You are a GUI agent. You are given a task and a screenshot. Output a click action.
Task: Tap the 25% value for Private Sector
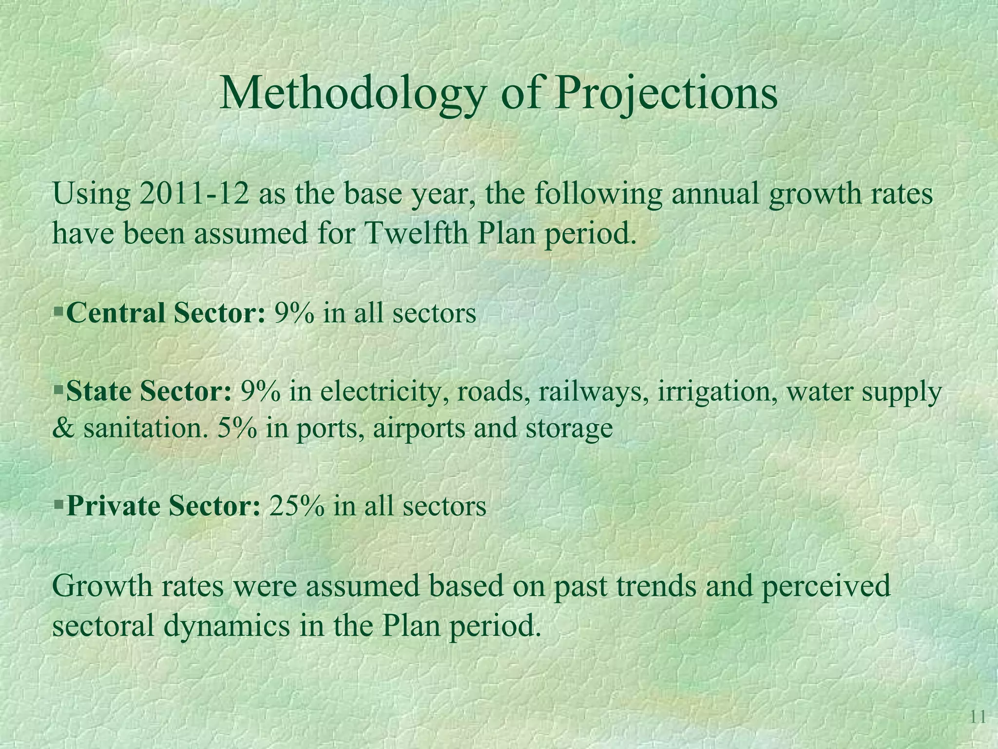click(x=296, y=506)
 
